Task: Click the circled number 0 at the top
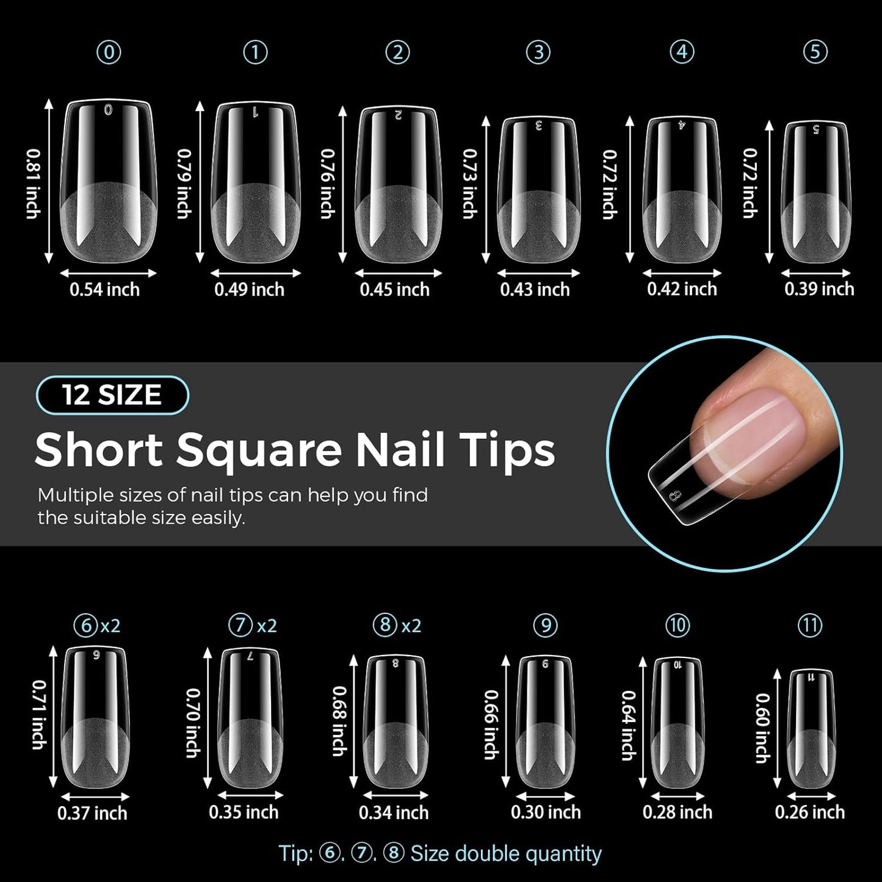tap(109, 52)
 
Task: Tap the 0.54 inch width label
tap(104, 289)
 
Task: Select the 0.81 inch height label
tap(33, 183)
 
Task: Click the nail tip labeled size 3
tap(538, 189)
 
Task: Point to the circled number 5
tap(815, 52)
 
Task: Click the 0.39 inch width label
tap(819, 289)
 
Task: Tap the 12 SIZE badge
tap(112, 395)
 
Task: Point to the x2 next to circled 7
tap(267, 626)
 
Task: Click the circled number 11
tap(810, 625)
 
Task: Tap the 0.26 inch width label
tap(810, 812)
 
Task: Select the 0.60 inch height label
tap(762, 728)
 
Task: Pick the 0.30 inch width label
tap(546, 812)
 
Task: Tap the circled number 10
tap(678, 625)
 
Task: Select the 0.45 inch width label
tap(394, 289)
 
